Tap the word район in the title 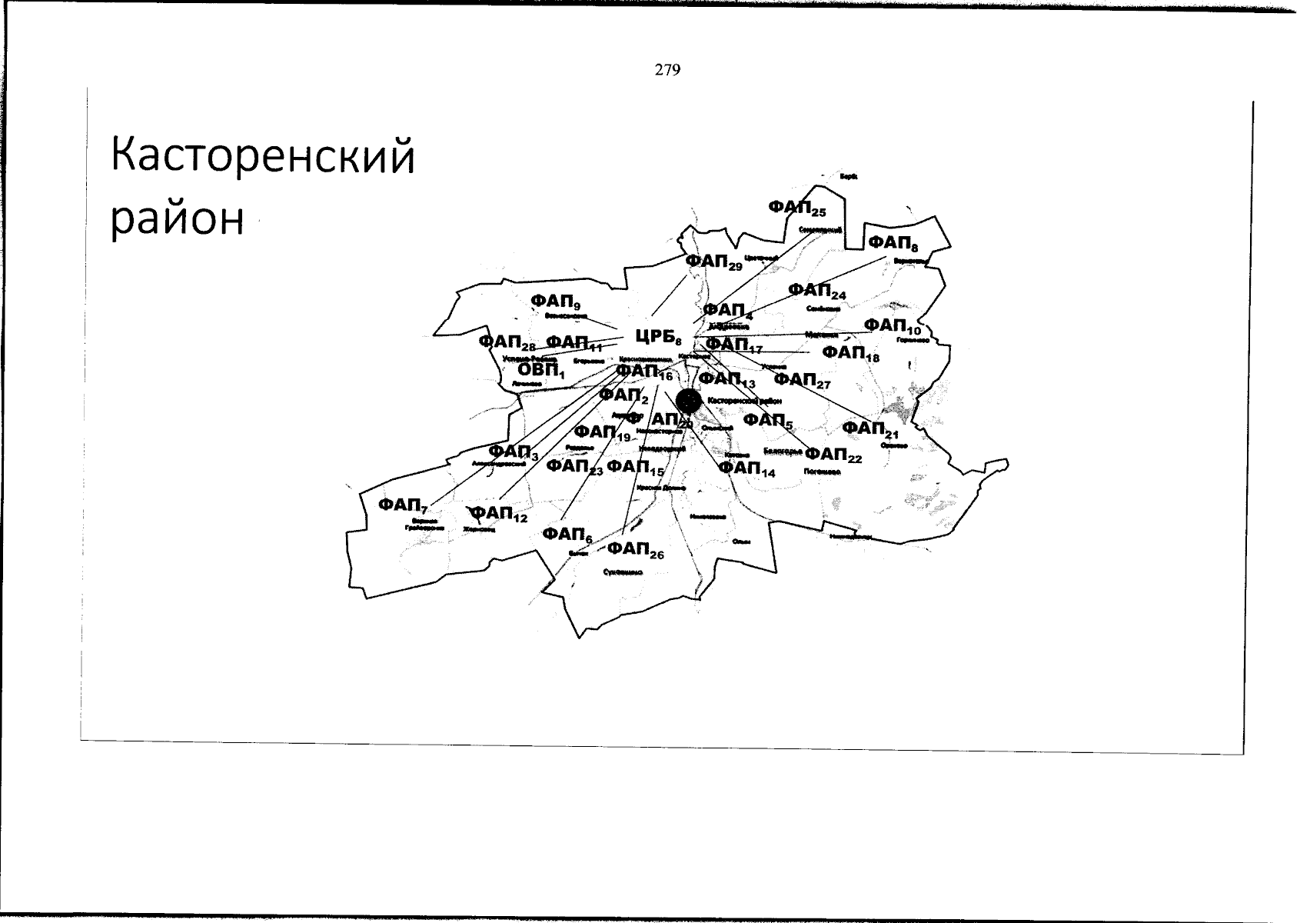[x=178, y=219]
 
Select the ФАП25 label [x=796, y=208]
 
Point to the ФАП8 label [x=893, y=243]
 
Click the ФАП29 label [x=713, y=262]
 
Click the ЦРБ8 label [x=658, y=336]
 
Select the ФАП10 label [x=892, y=326]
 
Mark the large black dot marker [x=688, y=399]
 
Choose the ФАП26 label [x=635, y=549]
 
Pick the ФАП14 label [x=746, y=468]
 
